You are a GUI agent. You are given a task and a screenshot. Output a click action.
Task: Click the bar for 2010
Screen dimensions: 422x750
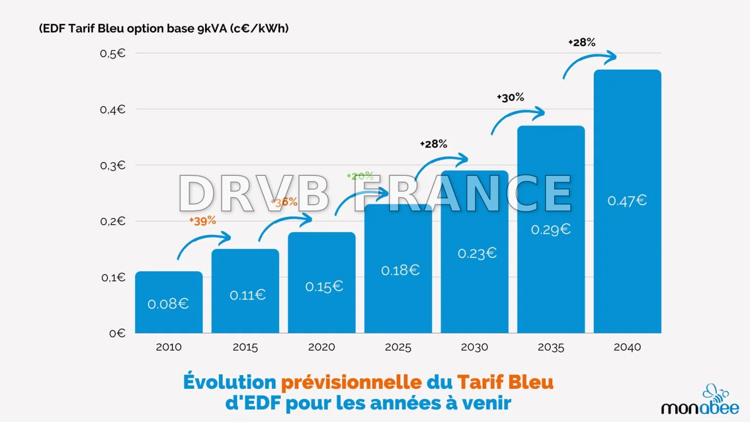click(x=168, y=302)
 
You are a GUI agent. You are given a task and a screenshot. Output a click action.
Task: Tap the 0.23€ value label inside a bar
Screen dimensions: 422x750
click(x=477, y=253)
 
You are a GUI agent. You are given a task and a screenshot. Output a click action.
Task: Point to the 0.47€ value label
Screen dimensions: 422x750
click(x=627, y=201)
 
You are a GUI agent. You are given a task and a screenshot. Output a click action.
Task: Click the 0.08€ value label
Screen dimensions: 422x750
click(x=168, y=304)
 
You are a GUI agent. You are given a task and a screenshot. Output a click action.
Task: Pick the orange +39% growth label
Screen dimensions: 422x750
click(x=203, y=221)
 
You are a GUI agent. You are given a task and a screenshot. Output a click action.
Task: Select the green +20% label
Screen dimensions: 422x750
click(x=360, y=176)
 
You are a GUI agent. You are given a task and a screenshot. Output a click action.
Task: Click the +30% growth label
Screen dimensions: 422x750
click(x=510, y=97)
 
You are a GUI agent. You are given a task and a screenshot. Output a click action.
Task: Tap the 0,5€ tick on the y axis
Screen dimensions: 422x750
click(x=113, y=53)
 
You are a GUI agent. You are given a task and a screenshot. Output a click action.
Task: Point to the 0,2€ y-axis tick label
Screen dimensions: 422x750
click(x=113, y=221)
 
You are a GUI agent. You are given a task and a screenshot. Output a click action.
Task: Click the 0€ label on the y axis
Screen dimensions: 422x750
click(x=117, y=333)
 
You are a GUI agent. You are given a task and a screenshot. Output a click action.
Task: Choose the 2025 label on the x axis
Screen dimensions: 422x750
click(x=398, y=347)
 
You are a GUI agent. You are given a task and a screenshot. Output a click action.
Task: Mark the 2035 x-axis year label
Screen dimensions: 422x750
click(x=551, y=347)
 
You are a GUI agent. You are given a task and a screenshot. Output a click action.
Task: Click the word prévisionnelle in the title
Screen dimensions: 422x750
click(x=351, y=382)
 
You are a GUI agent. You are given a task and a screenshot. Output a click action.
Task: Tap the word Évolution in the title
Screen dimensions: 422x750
click(x=229, y=382)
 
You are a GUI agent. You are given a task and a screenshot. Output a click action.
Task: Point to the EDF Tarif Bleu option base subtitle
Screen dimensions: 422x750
click(x=164, y=28)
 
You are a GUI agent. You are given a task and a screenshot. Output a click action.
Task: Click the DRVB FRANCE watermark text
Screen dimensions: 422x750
click(x=375, y=193)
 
